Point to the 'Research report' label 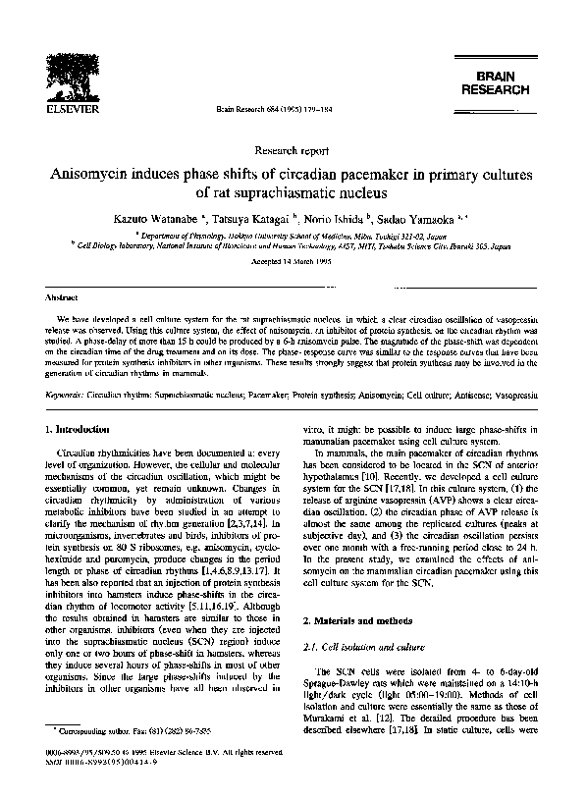[293, 151]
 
